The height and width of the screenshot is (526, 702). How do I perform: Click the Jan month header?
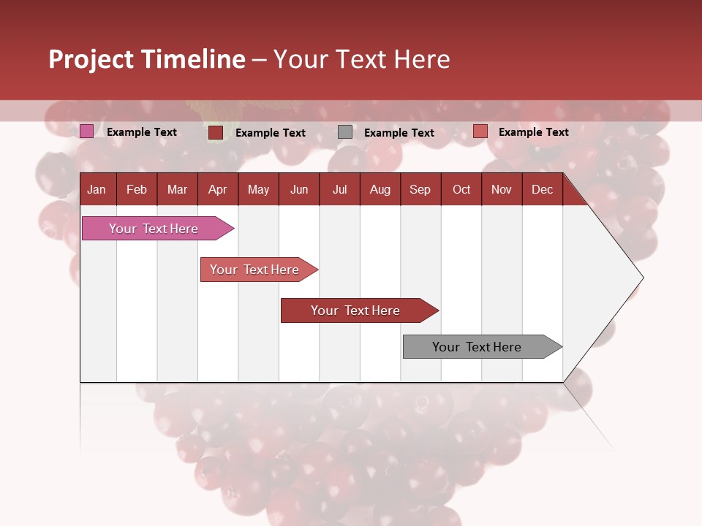tap(97, 190)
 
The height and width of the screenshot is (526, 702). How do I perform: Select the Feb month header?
tap(137, 190)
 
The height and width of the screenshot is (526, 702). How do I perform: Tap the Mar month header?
tap(177, 190)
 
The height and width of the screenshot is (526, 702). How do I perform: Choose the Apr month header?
tap(218, 190)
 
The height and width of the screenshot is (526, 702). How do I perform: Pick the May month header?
tap(258, 190)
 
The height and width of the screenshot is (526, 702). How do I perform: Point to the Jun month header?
tap(299, 190)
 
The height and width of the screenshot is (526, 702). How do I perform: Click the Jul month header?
tap(339, 190)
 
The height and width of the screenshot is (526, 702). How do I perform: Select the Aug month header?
tap(380, 190)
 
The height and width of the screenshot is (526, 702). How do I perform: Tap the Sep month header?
tap(420, 190)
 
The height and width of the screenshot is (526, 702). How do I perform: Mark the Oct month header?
tap(461, 190)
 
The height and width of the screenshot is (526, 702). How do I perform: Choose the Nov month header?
tap(502, 190)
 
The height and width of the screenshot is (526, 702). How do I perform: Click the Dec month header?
tap(543, 190)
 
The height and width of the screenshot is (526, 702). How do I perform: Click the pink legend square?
tap(87, 131)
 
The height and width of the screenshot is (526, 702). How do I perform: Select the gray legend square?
tap(345, 132)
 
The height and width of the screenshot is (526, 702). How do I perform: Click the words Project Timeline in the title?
tap(147, 59)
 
